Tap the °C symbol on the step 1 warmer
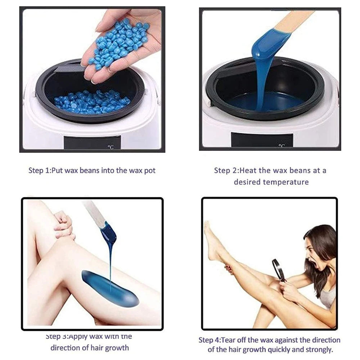click(x=111, y=147)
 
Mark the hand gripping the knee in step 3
click(x=63, y=225)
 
